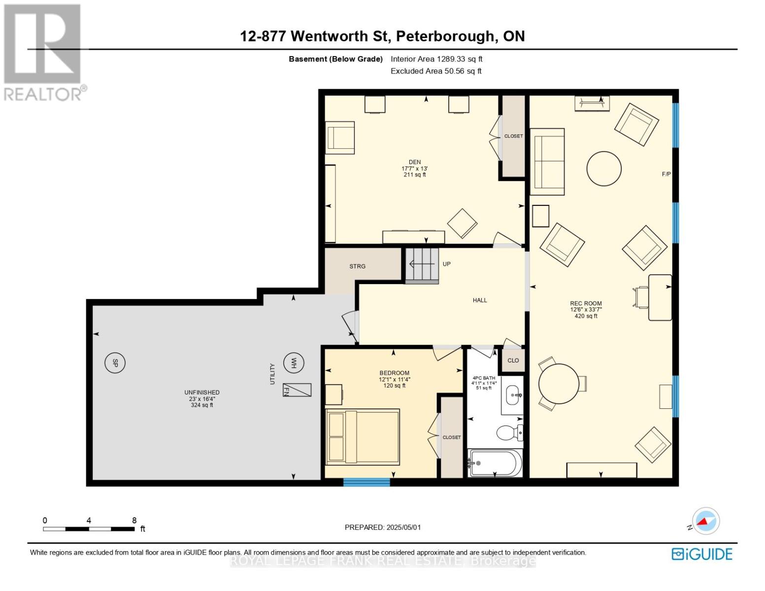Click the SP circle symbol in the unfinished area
(x=115, y=363)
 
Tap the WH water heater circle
(x=294, y=363)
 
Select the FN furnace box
(x=297, y=390)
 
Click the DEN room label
(x=414, y=162)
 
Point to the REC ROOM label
(x=586, y=303)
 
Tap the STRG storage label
(x=357, y=266)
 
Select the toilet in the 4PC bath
(x=508, y=433)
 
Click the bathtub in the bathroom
(x=495, y=463)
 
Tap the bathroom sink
(x=513, y=395)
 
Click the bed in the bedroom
(x=363, y=436)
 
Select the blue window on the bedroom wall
(x=366, y=482)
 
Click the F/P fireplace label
(x=666, y=174)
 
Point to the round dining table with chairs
(x=559, y=384)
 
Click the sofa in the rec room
(x=547, y=162)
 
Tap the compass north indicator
(x=705, y=521)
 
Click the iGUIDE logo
(x=701, y=554)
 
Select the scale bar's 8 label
(x=134, y=520)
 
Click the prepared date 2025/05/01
(x=403, y=527)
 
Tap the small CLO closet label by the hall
(x=513, y=360)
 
